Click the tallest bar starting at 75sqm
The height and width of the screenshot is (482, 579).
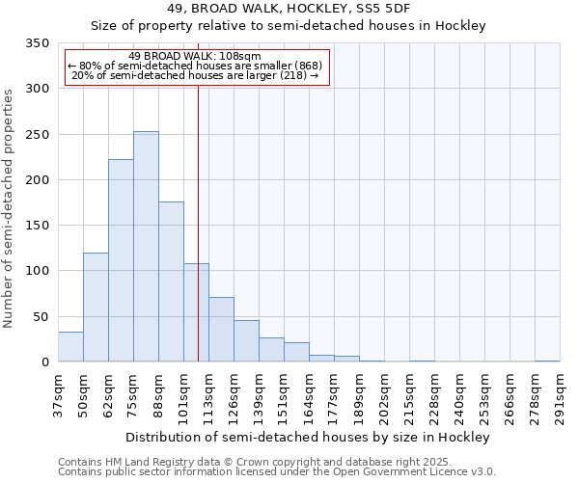[146, 247]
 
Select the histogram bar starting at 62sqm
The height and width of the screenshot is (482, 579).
[121, 260]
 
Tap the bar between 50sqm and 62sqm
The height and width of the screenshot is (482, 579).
[96, 308]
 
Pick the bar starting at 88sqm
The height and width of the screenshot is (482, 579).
[171, 281]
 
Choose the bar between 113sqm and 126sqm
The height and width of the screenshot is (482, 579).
[221, 330]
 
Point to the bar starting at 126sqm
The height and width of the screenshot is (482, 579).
[246, 341]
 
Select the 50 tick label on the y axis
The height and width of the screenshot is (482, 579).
[41, 316]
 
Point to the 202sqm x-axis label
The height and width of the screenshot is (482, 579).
[384, 394]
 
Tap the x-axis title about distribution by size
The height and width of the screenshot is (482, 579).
[308, 437]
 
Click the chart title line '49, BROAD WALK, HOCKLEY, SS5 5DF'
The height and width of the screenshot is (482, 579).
[289, 9]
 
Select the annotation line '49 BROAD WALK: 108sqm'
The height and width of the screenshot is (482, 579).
[195, 56]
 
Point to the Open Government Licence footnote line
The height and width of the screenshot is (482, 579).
[277, 472]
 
